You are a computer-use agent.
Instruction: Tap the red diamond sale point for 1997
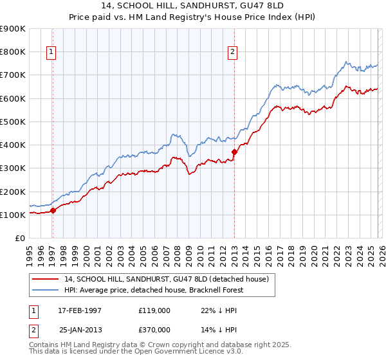(x=53, y=210)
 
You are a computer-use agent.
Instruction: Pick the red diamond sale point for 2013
(x=235, y=152)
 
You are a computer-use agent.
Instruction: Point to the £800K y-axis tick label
(x=12, y=51)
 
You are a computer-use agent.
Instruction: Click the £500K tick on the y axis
(x=12, y=122)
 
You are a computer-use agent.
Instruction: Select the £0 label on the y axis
(x=19, y=239)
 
